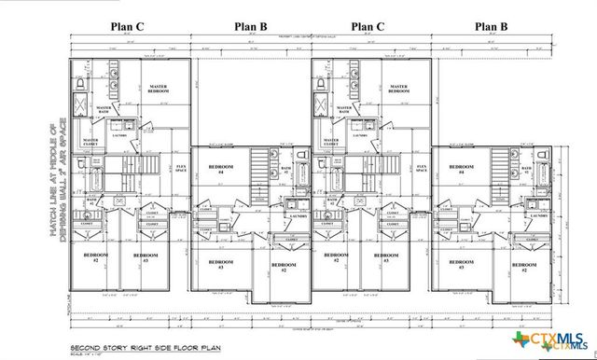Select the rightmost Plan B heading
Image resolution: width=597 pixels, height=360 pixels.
pos(493,27)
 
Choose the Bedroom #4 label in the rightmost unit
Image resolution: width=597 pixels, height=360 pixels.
pos(456,171)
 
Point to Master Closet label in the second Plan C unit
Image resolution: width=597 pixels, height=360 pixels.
pos(332,142)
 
